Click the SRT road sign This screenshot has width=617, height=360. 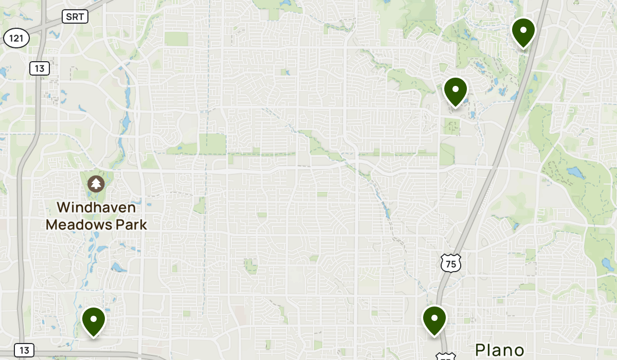point(76,16)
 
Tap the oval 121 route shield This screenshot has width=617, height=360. point(16,38)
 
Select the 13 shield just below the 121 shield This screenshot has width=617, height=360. point(39,68)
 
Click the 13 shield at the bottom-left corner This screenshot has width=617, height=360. point(24,350)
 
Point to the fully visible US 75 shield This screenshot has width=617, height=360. point(451,263)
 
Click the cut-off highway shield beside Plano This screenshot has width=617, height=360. point(445,356)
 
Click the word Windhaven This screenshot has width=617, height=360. point(96,208)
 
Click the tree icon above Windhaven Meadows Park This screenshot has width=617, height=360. point(96,184)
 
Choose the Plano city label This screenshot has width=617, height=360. point(499,350)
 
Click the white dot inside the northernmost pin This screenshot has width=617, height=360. point(523,29)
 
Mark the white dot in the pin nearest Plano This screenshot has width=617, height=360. point(434,317)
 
